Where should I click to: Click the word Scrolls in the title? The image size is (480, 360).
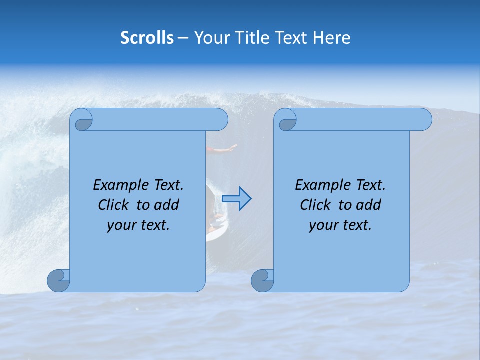point(147,38)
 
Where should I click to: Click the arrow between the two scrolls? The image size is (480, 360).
point(236,198)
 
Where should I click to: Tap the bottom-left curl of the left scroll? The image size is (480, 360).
point(58,280)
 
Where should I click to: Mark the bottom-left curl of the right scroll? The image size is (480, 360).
point(262,280)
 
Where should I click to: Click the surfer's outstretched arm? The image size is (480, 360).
point(222,148)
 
